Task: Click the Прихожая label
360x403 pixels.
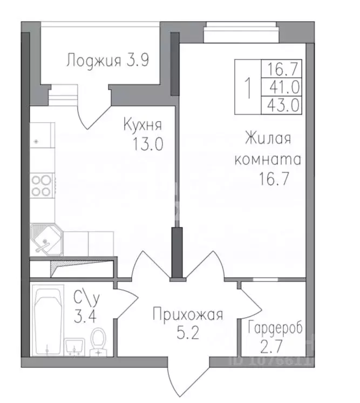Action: [x=187, y=314]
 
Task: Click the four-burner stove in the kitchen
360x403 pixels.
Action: [x=42, y=185]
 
